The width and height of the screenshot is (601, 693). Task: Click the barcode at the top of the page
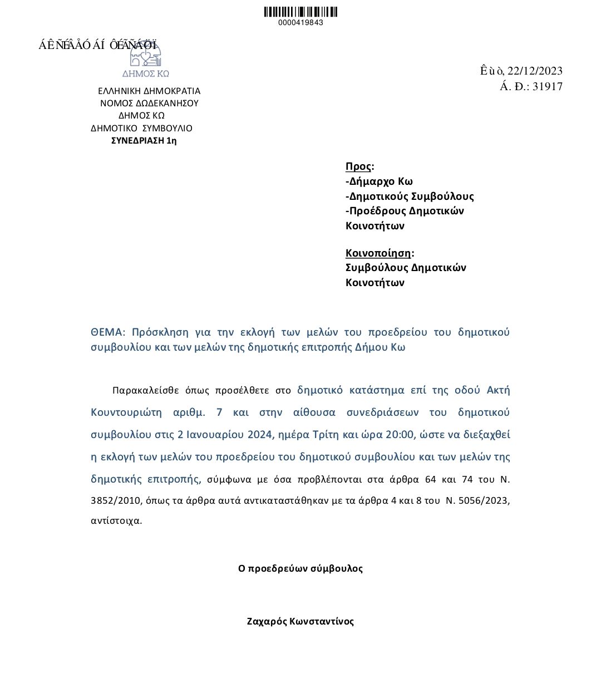[300, 12]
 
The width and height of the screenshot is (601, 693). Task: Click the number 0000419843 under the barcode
[300, 23]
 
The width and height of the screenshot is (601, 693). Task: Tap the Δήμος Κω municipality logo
[145, 58]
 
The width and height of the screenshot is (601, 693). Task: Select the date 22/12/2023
[535, 71]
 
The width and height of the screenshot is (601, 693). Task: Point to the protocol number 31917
[548, 86]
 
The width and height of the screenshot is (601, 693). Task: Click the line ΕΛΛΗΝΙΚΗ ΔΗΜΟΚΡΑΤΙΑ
[149, 91]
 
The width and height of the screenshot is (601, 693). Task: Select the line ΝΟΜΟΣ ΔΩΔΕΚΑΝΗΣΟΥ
[149, 103]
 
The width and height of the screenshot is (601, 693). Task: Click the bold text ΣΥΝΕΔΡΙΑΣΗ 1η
[144, 140]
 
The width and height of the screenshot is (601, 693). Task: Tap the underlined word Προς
[358, 166]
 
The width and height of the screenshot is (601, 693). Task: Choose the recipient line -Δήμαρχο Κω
[379, 181]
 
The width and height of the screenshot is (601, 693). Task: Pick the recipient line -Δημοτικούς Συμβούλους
[410, 196]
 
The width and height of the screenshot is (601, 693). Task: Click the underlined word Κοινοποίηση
[378, 253]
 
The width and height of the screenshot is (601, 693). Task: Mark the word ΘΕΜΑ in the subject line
[106, 332]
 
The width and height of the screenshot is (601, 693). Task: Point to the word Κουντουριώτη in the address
[126, 412]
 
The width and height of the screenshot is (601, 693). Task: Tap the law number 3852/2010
[116, 500]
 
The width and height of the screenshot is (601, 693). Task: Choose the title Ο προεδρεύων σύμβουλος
[300, 568]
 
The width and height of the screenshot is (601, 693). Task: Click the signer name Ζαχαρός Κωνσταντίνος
[300, 621]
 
